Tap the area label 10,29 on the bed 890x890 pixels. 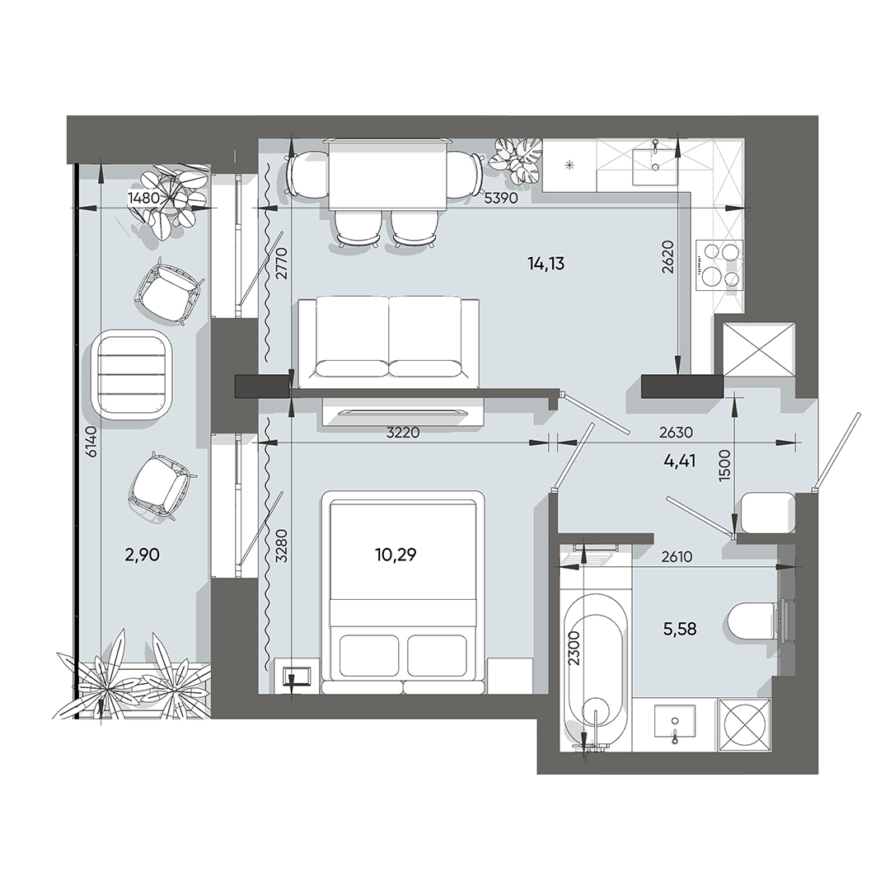[396, 555]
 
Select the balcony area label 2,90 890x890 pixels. [142, 555]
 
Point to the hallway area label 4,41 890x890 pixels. [680, 461]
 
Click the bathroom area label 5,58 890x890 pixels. [680, 630]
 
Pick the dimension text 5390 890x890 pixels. [501, 199]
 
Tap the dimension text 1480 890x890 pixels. [143, 198]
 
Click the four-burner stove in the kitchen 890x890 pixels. [719, 265]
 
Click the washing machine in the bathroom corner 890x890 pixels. [745, 725]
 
